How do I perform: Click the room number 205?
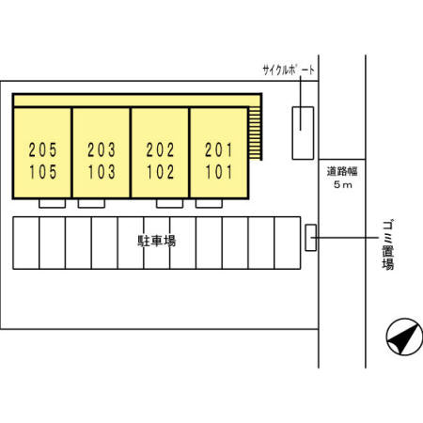click(43, 149)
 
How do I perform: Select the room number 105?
click(43, 172)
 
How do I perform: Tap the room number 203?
click(102, 149)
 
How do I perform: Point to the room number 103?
click(102, 172)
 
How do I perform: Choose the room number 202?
click(160, 149)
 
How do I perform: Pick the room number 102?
click(160, 172)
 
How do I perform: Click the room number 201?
click(219, 149)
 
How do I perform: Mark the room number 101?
click(219, 172)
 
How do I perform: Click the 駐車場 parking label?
click(157, 241)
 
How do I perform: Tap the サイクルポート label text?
click(289, 70)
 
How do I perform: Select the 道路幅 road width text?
click(342, 171)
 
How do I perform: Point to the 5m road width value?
click(343, 185)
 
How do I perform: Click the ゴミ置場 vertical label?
click(388, 244)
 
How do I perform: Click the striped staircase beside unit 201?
click(255, 133)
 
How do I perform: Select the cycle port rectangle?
click(303, 133)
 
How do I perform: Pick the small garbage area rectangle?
click(311, 238)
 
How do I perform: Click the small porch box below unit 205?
click(53, 203)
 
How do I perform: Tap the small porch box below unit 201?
click(209, 203)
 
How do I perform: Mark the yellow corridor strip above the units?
click(137, 101)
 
